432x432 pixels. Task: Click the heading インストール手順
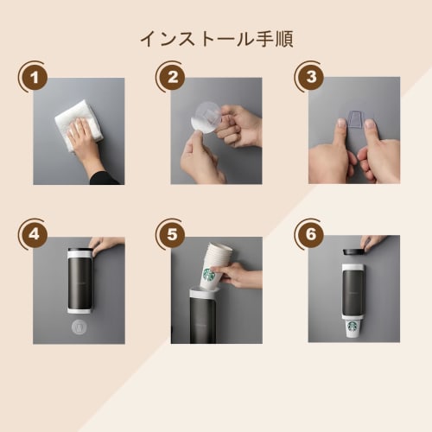pos(215,40)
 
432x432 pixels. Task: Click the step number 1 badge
pos(35,79)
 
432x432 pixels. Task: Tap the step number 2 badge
pos(172,79)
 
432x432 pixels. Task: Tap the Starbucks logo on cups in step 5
pos(208,276)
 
